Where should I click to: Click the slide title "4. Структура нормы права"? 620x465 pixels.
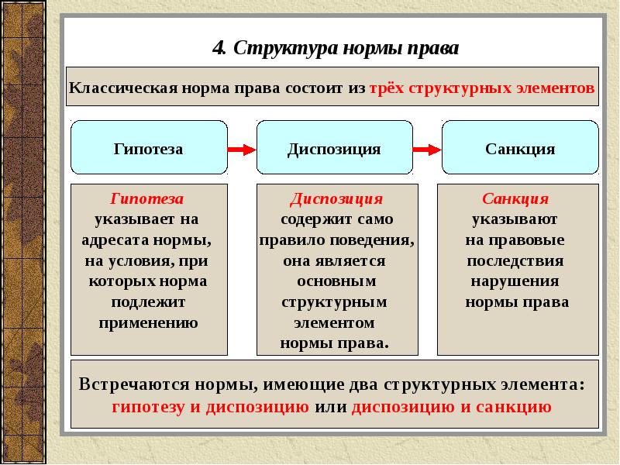(336, 49)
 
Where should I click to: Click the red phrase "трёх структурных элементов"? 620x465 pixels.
(482, 88)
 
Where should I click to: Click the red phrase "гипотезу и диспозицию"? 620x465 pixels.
(210, 406)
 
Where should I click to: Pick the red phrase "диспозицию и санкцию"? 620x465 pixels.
(451, 406)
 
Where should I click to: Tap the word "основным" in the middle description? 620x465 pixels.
(336, 281)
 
